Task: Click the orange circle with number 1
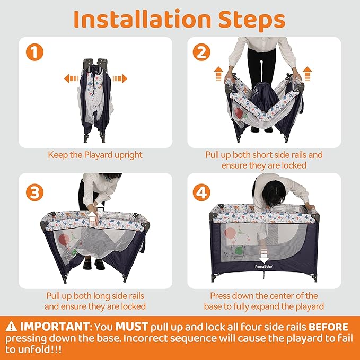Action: [34, 52]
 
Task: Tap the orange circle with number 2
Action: [201, 52]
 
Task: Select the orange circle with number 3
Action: [34, 192]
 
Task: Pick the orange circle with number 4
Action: [201, 192]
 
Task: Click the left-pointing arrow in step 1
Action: [72, 78]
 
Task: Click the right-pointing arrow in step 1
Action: [120, 78]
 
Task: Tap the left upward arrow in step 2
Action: [219, 74]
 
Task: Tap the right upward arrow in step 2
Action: [307, 74]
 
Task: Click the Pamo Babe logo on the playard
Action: [264, 267]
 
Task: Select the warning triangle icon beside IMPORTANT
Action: [11, 327]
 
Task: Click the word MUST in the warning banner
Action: [131, 327]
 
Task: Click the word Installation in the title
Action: [142, 19]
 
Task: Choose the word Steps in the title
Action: [252, 20]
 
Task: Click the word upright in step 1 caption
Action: [128, 155]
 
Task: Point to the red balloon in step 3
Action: [64, 240]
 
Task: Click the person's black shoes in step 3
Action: [93, 264]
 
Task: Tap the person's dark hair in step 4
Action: [274, 193]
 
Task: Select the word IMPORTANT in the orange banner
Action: [55, 327]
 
